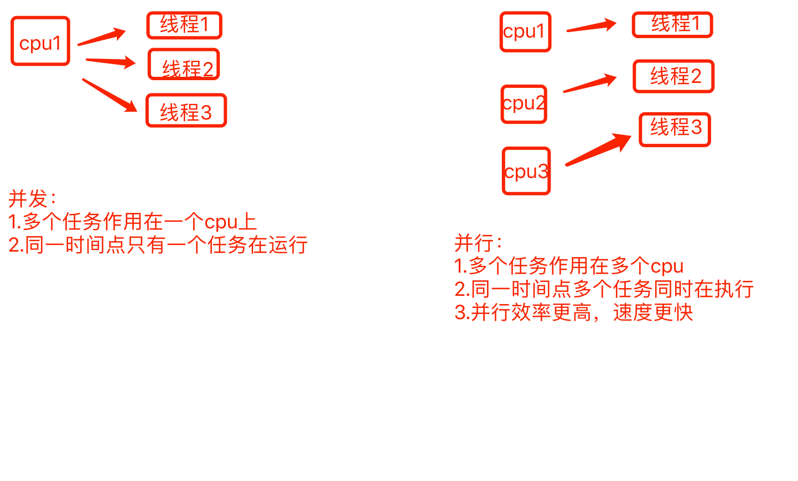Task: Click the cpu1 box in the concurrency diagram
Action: [40, 41]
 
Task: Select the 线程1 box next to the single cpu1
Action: [184, 25]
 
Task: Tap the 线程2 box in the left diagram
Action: [184, 65]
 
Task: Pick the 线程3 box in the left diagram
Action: [186, 111]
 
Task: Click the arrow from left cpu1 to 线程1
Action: [102, 37]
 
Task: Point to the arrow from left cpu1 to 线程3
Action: [110, 95]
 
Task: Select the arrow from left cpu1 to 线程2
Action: [111, 61]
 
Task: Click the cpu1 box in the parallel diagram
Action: [525, 32]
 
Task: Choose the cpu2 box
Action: [524, 104]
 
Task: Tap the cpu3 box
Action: [526, 171]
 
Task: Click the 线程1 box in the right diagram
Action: [672, 25]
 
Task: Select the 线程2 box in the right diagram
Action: [673, 76]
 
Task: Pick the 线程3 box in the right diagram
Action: [675, 129]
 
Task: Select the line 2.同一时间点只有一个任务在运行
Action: [158, 245]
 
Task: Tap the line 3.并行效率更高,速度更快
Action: [573, 312]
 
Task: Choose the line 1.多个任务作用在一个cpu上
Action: [132, 222]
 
